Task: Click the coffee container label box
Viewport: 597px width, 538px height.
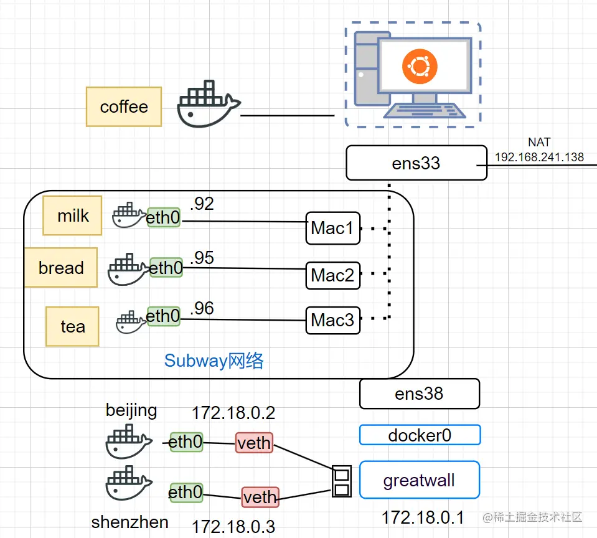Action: click(124, 106)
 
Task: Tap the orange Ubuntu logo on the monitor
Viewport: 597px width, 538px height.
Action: click(420, 67)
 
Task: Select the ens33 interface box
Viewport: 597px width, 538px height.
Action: click(416, 163)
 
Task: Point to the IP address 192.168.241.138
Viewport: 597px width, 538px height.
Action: click(539, 157)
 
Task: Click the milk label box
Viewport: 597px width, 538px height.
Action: click(73, 216)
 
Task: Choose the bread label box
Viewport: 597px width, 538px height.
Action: click(61, 268)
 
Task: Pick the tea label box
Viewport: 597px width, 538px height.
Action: click(72, 326)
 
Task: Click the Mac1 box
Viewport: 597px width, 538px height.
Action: click(333, 228)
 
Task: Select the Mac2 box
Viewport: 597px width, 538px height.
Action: click(333, 275)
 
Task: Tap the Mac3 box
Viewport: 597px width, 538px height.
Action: click(333, 320)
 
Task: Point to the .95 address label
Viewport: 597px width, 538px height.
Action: click(202, 258)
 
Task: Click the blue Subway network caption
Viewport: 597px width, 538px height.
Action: click(214, 361)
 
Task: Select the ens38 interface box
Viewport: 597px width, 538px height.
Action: click(419, 394)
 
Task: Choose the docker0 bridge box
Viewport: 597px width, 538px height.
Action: click(420, 435)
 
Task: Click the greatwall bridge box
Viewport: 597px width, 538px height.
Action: click(420, 480)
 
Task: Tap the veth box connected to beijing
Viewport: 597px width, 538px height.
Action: click(254, 443)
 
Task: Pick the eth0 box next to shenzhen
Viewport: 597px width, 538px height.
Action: click(186, 493)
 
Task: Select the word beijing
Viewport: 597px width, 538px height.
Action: click(131, 410)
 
